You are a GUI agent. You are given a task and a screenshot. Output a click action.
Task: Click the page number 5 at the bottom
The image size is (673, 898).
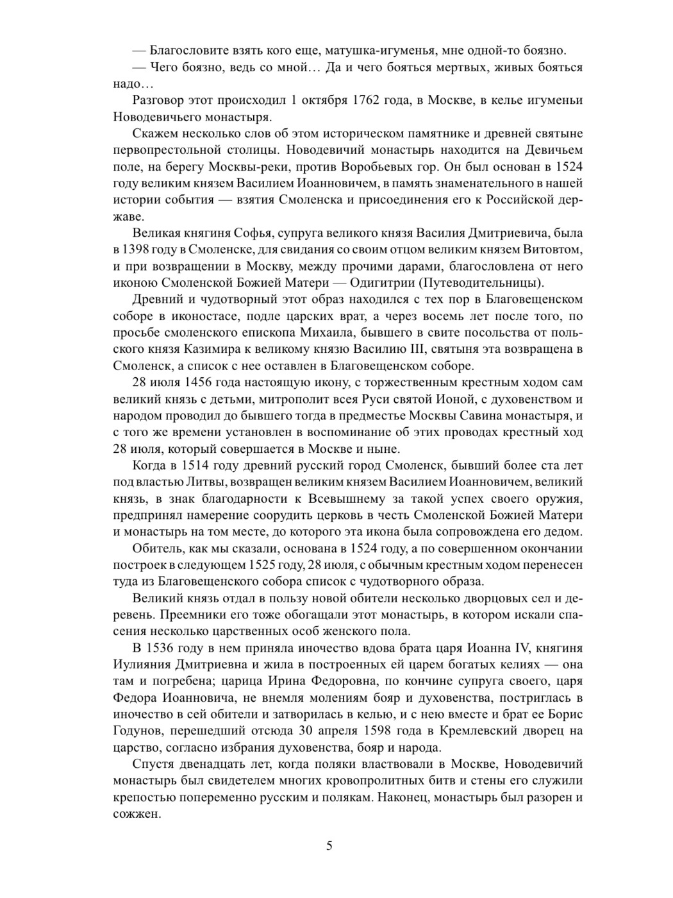(x=329, y=845)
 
